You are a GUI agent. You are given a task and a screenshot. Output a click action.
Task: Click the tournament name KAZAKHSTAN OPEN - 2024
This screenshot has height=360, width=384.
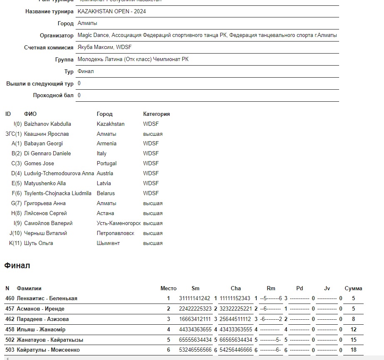[111, 12]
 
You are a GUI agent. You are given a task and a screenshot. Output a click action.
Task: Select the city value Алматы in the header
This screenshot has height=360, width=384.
[87, 23]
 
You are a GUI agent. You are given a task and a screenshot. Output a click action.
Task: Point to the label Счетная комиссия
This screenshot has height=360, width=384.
[49, 48]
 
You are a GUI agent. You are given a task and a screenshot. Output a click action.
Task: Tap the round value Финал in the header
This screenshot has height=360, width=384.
[86, 71]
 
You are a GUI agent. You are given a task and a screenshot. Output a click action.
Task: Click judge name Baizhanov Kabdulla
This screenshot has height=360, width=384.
[47, 124]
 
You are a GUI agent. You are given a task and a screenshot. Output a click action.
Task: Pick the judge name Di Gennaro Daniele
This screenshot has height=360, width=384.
[47, 154]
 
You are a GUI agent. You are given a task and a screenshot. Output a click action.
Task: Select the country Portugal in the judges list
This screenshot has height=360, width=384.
[106, 164]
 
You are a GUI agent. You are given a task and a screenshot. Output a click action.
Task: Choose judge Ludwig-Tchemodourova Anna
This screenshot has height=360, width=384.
[59, 174]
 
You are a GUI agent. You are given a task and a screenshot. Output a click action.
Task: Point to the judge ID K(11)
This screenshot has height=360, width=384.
[15, 243]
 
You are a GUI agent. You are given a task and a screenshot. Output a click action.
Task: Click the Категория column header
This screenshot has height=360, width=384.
[156, 114]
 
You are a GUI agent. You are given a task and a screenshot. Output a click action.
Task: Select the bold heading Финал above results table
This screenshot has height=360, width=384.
[17, 266]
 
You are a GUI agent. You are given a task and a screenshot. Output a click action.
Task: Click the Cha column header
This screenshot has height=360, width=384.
[236, 288]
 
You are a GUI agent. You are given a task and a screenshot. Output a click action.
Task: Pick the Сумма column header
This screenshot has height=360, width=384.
[353, 288]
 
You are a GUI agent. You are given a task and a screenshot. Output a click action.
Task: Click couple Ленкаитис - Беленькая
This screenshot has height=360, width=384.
[47, 299]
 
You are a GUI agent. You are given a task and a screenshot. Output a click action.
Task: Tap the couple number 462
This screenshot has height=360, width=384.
[10, 319]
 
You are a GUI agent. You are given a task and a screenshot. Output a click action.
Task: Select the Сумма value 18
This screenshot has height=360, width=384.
[353, 350]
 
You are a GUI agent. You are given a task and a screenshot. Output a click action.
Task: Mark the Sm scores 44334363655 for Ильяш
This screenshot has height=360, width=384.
[195, 330]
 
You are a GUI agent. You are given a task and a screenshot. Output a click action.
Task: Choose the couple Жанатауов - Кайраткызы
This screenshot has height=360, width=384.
[50, 340]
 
